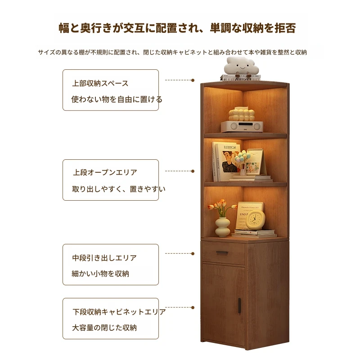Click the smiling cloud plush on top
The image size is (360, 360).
point(241,66)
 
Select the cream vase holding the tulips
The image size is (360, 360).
point(222,227)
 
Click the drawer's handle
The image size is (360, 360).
point(222,253)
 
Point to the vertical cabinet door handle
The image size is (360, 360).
point(239,306)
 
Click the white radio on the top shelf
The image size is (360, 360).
point(242,126)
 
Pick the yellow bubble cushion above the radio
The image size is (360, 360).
point(242,115)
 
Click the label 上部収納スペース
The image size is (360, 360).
point(100,83)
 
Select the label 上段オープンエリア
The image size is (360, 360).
point(105,172)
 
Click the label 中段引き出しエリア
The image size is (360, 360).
point(104,258)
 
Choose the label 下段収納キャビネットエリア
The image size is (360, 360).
point(119,312)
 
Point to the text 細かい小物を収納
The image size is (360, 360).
point(100,274)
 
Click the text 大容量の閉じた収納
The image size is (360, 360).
point(104,328)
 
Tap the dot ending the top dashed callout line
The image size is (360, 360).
point(193,80)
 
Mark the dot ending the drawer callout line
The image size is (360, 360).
point(193,253)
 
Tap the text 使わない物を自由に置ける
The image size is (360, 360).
point(117,99)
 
